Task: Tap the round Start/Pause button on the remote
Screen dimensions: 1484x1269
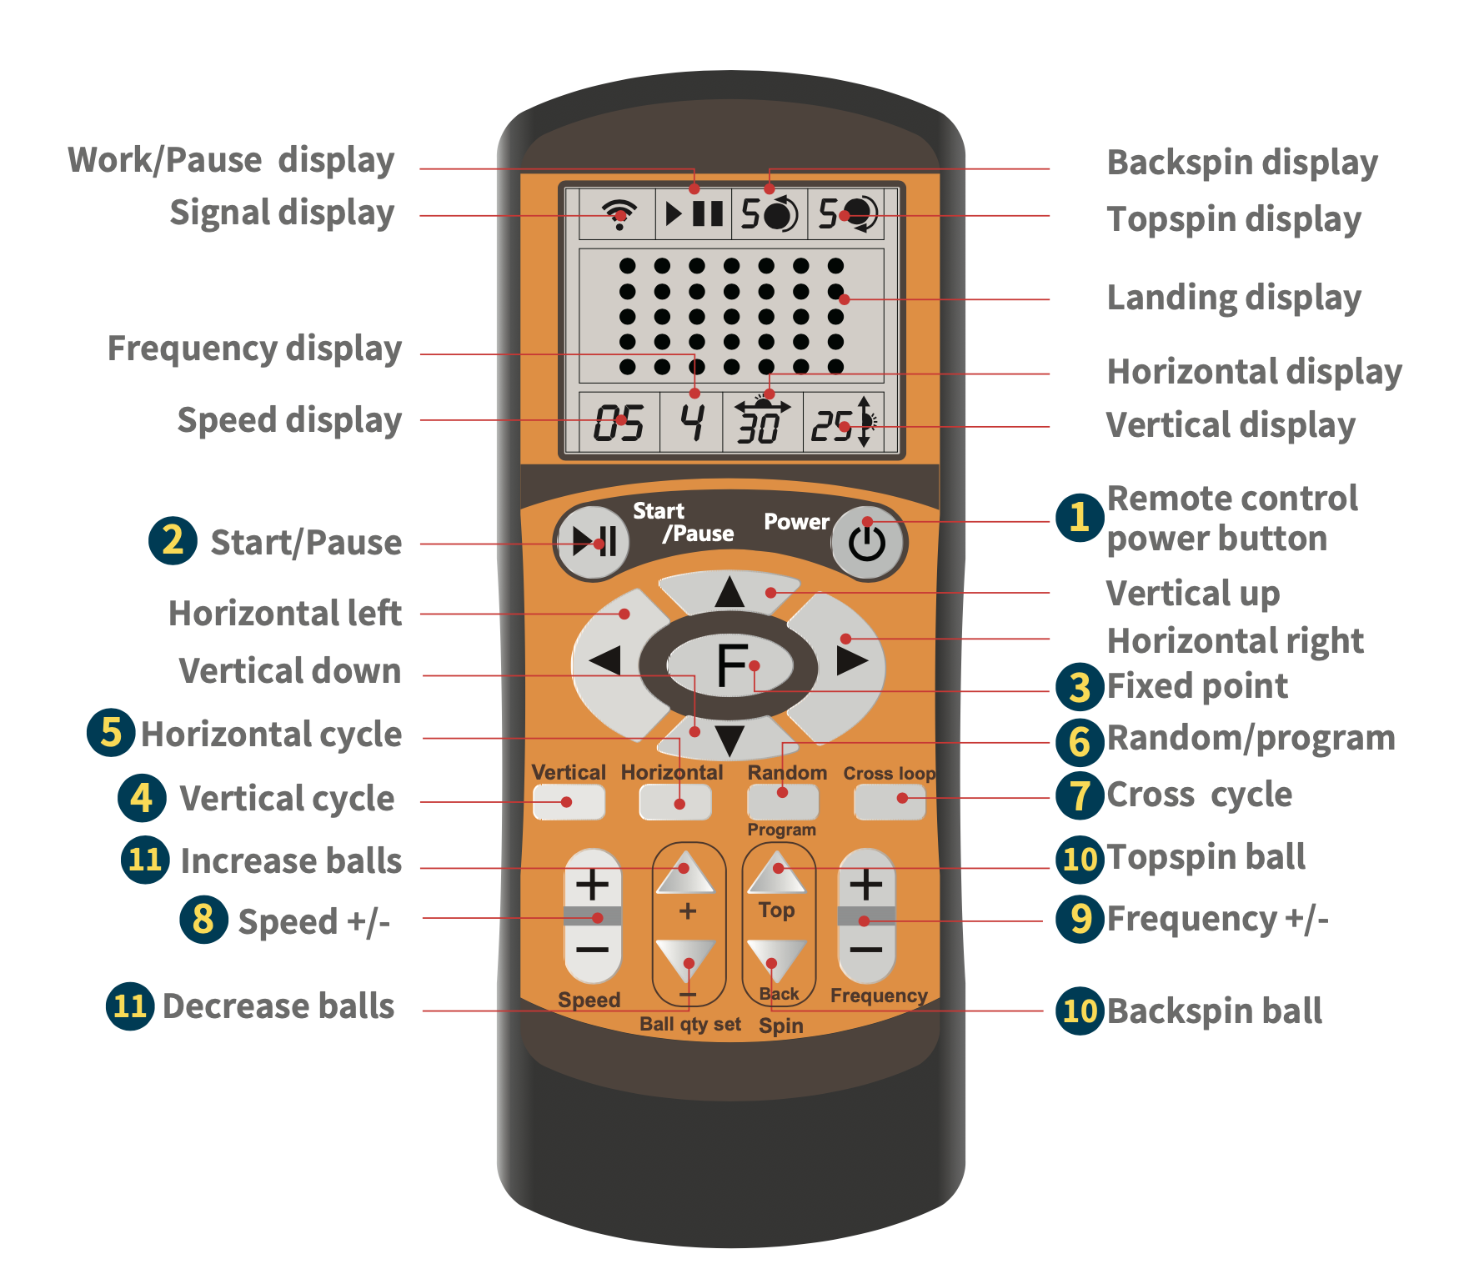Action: (x=594, y=542)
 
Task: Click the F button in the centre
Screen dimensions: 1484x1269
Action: (x=731, y=665)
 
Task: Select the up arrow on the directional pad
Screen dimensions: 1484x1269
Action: (x=729, y=591)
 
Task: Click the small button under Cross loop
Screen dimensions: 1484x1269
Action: (x=890, y=801)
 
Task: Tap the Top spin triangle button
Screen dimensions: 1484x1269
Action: (x=777, y=873)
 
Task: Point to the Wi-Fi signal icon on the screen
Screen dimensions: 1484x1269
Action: (x=619, y=213)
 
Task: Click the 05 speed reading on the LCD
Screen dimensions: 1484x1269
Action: (x=619, y=424)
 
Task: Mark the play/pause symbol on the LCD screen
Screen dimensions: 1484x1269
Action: (x=694, y=213)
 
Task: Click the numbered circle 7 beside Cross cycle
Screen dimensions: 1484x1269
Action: (x=1080, y=795)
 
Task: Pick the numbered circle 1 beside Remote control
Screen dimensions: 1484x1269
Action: (x=1080, y=517)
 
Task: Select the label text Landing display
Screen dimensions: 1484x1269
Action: (x=1233, y=298)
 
